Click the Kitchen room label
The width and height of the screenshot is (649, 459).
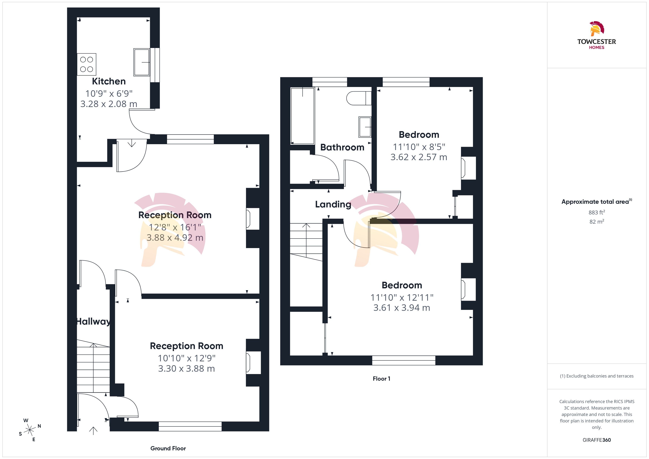point(109,81)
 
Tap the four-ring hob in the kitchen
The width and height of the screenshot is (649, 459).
point(86,64)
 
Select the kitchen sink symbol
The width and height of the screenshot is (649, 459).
point(142,62)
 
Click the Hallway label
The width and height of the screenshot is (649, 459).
point(93,321)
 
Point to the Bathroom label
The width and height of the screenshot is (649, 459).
point(342,147)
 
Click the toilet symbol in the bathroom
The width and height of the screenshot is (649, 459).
point(359,98)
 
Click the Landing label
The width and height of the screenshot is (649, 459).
point(333,204)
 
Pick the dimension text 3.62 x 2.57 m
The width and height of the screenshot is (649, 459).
point(419,157)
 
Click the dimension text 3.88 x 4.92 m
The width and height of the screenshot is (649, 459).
point(175,238)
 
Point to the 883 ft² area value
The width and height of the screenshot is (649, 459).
point(597,212)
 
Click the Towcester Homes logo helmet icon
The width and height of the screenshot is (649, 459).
point(597,29)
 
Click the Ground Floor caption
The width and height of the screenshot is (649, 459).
point(168,448)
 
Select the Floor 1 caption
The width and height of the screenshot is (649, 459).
point(382,379)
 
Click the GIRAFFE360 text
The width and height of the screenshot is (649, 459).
point(597,440)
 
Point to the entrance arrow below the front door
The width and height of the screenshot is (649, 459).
point(93,430)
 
